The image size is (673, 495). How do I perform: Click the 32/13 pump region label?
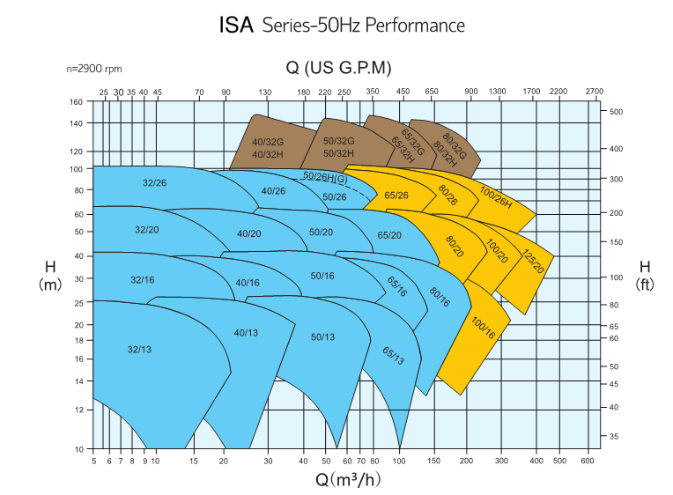(139, 350)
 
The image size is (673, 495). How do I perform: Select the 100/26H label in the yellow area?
(496, 197)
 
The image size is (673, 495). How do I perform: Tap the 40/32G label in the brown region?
(268, 142)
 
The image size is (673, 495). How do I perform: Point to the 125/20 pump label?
(533, 261)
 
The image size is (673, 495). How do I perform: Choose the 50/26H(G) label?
(325, 177)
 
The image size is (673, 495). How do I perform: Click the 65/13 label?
(393, 356)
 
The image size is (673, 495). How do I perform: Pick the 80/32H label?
(445, 153)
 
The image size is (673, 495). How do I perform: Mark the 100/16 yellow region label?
(484, 328)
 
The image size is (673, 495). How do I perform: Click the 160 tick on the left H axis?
(76, 102)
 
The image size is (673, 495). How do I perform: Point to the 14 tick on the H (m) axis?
(78, 380)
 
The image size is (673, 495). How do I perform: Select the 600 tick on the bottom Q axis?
(588, 461)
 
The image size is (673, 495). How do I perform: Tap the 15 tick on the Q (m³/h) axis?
(194, 461)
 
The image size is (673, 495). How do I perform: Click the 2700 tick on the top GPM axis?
(595, 91)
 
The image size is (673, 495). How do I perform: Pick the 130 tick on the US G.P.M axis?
(265, 92)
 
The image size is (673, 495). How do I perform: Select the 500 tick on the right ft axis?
(616, 112)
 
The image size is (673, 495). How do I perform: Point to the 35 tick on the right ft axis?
(614, 436)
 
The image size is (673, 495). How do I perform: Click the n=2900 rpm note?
(94, 69)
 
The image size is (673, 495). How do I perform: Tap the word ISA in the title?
(236, 25)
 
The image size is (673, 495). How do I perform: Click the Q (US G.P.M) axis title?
(338, 68)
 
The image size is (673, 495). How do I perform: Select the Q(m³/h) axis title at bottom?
(348, 479)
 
